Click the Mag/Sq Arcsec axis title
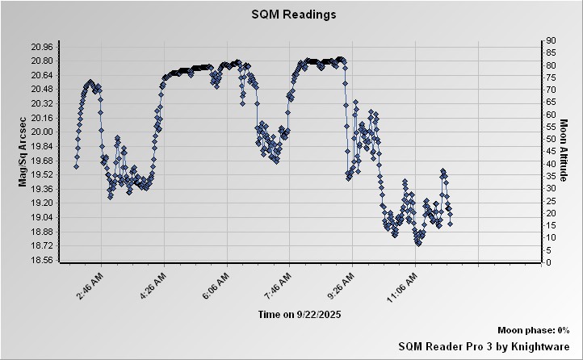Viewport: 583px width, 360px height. tap(24, 152)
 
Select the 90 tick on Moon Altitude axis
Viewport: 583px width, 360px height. tap(549, 40)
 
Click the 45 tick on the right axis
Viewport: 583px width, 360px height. tap(549, 151)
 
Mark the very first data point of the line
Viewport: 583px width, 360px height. tap(76, 166)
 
